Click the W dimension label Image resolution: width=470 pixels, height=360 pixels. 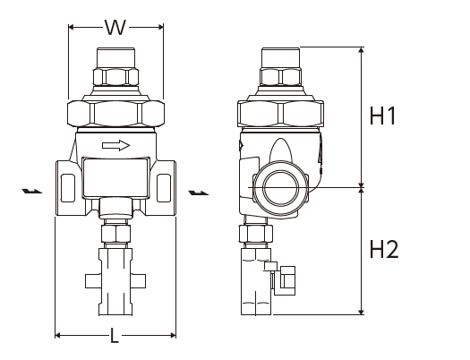[x=115, y=28]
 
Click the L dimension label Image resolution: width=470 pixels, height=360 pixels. [x=115, y=336]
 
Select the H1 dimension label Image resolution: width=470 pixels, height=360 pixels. [x=382, y=116]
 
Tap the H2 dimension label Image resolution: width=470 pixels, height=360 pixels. [x=384, y=249]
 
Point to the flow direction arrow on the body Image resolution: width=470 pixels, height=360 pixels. [x=116, y=145]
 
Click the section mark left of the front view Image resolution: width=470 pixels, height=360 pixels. [x=31, y=191]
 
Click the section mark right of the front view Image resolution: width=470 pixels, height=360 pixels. [x=199, y=193]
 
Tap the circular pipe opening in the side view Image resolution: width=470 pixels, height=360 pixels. [x=281, y=188]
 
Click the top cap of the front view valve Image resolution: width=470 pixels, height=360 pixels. [x=116, y=57]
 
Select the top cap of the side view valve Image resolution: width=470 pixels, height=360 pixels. [x=280, y=57]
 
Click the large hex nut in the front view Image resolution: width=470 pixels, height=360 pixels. [x=116, y=114]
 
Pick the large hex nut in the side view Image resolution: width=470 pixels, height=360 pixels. [x=280, y=114]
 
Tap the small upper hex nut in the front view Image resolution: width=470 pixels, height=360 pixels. [x=116, y=77]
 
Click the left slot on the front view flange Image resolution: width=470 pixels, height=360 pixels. [x=68, y=188]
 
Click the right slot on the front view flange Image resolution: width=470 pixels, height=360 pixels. [x=164, y=188]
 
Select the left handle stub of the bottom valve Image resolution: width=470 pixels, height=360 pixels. [x=92, y=281]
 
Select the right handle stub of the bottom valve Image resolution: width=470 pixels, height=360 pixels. [x=138, y=281]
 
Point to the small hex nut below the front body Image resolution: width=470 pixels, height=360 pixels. [x=115, y=234]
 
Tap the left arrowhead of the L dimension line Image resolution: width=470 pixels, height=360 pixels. [x=58, y=335]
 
